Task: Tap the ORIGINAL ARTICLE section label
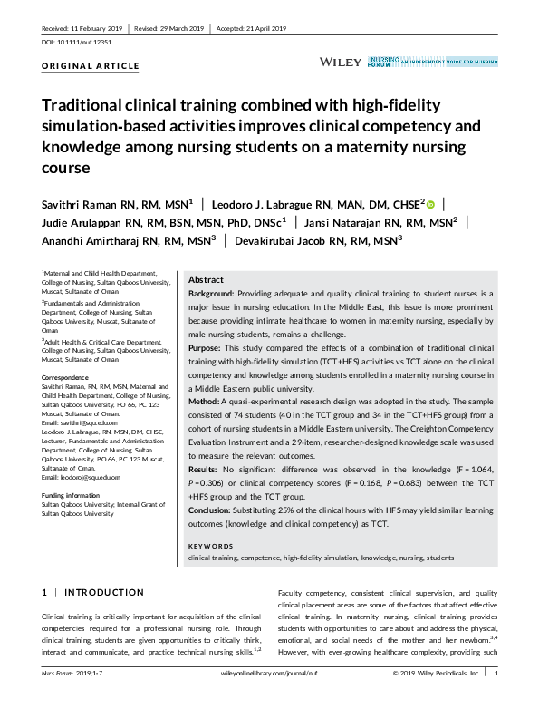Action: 91,66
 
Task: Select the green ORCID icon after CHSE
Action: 430,205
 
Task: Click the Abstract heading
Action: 205,280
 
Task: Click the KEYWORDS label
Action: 210,546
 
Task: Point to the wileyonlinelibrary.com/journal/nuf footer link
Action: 268,673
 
